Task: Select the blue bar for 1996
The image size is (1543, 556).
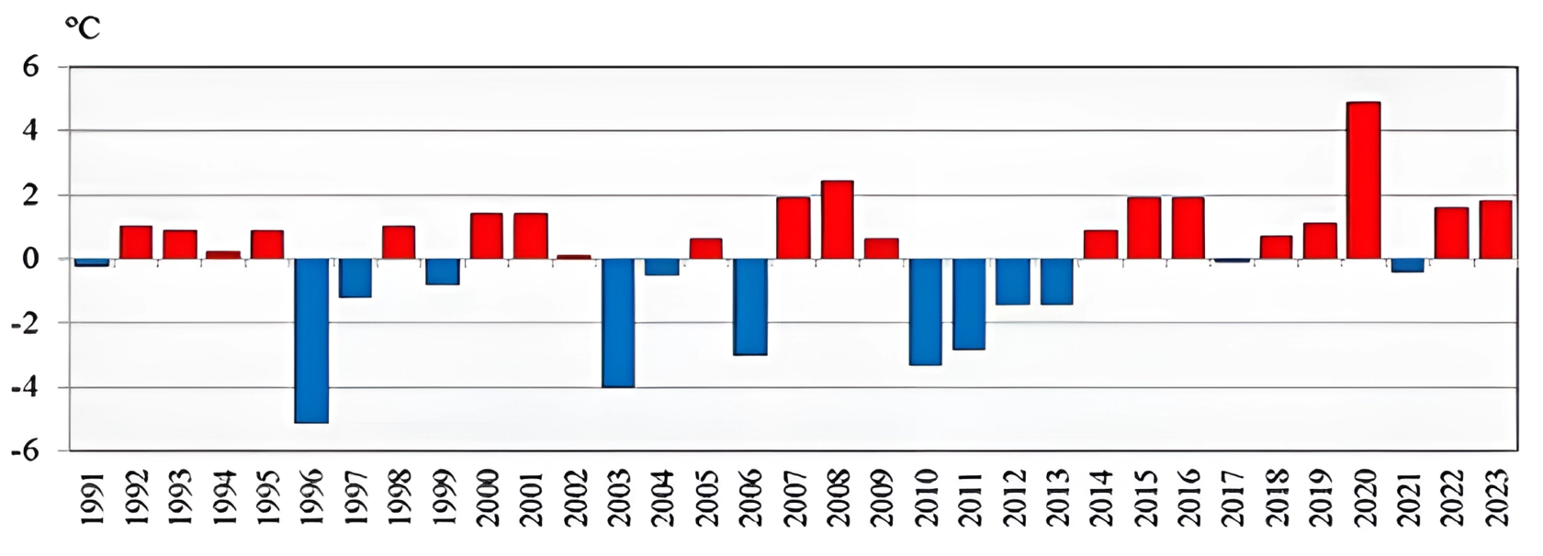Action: coord(311,340)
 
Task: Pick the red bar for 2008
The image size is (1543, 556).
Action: coord(837,220)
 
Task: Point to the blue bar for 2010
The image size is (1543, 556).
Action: coord(925,312)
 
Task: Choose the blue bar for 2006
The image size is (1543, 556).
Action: coord(749,306)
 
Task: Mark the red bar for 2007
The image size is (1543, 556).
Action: coord(793,228)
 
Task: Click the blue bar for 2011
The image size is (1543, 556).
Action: coord(968,304)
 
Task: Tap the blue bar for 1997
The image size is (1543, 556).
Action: coord(355,278)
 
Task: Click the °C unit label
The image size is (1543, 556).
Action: coord(82,28)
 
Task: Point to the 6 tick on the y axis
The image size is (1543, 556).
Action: coord(30,67)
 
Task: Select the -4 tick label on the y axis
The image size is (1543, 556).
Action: coord(26,388)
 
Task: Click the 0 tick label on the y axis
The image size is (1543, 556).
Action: coord(30,260)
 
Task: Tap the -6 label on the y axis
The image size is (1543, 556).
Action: coord(26,452)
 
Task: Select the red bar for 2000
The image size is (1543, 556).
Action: coord(487,236)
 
